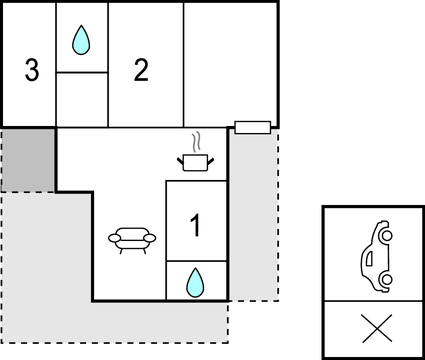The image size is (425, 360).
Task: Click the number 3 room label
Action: tap(32, 71)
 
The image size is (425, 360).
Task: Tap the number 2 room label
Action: tap(141, 70)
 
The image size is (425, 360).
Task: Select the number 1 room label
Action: tap(195, 226)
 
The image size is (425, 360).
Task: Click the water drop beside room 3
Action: tap(81, 41)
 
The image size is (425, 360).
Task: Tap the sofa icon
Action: tap(132, 240)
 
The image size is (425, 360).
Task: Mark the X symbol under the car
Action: tap(374, 328)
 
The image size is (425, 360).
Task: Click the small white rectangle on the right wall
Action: tap(252, 126)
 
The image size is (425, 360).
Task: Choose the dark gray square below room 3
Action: tap(29, 160)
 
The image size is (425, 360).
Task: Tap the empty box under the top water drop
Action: tap(81, 99)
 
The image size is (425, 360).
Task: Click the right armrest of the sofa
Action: tap(151, 239)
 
